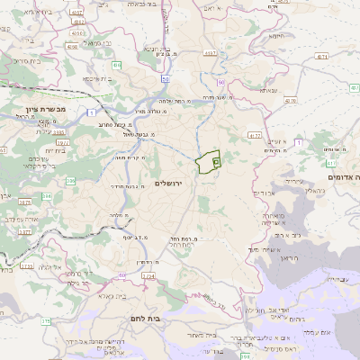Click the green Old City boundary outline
click(208, 162)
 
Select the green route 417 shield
click(332, 164)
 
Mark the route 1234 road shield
click(148, 275)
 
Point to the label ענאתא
click(268, 90)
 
